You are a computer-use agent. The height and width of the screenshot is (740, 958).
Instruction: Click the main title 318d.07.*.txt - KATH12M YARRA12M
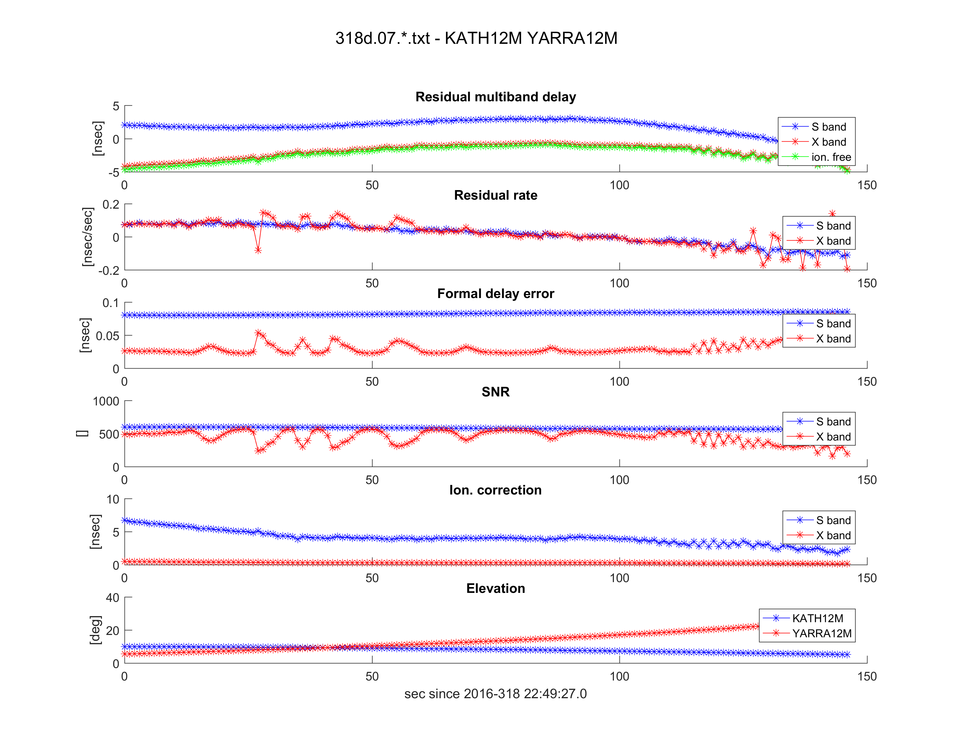(476, 39)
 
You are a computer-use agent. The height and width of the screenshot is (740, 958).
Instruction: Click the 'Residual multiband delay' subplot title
(495, 97)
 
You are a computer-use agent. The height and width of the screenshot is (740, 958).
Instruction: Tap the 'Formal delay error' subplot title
(495, 293)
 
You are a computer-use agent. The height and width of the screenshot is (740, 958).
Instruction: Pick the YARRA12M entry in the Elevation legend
(822, 633)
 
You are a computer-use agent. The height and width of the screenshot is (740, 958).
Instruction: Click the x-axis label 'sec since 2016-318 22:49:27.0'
(495, 694)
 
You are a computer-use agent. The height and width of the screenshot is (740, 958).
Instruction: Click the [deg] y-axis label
(95, 630)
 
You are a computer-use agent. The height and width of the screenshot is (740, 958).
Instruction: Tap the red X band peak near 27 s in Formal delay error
(258, 333)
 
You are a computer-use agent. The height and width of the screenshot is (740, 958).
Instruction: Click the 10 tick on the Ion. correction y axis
(113, 499)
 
